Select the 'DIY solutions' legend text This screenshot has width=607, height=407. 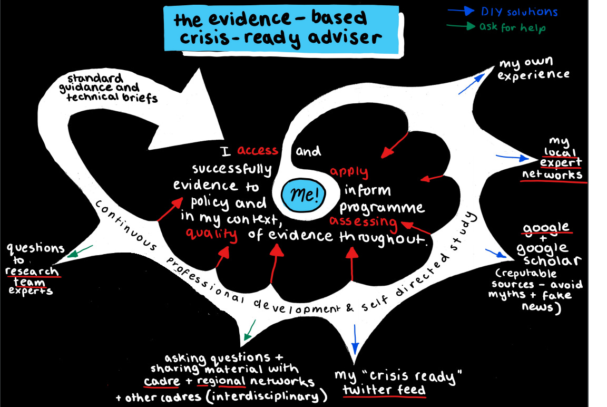[x=518, y=12]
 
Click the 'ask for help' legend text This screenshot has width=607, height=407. [x=512, y=27]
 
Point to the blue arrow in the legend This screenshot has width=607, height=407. [x=461, y=9]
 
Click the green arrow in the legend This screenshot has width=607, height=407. [x=461, y=25]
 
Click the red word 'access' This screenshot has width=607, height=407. [x=257, y=151]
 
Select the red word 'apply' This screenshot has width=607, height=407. [x=349, y=172]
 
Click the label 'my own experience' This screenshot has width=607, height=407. [x=533, y=69]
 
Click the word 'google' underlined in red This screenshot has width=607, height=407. [x=546, y=228]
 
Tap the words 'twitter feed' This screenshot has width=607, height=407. [x=384, y=391]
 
